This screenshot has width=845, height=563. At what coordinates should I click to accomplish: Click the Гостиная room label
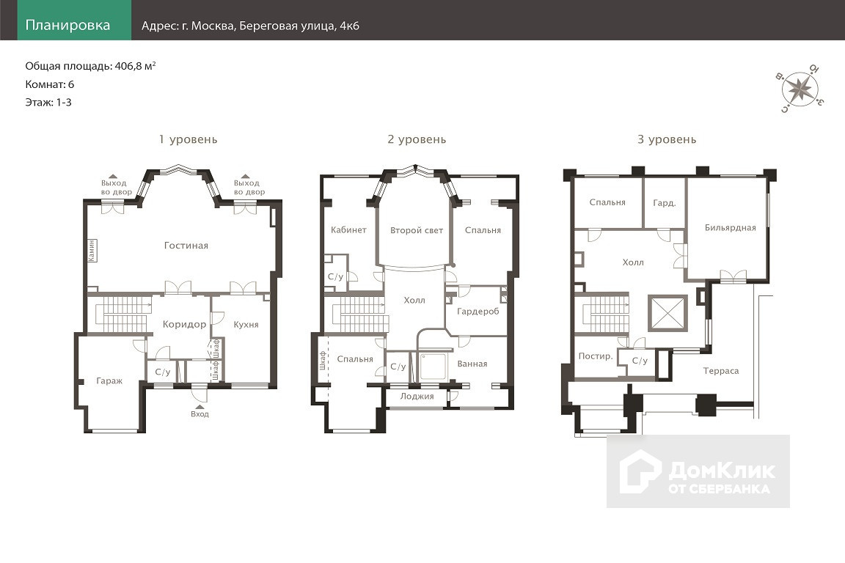coord(186,246)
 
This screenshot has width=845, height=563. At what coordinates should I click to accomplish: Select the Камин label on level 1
coord(92,251)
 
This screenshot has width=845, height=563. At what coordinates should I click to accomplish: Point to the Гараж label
coord(109,381)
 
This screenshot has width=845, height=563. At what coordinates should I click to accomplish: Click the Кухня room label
coord(246,324)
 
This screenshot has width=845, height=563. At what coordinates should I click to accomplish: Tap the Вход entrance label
coord(200,414)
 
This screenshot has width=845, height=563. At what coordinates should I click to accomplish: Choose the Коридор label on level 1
coord(184,324)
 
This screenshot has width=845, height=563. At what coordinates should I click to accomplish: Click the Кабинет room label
coord(348,230)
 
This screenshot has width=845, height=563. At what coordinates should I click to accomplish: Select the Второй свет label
coord(417,231)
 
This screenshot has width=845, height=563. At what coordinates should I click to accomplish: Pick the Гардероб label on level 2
coord(478,312)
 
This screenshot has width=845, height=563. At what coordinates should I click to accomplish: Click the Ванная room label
coord(472,364)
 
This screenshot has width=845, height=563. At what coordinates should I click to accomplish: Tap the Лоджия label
coord(417,397)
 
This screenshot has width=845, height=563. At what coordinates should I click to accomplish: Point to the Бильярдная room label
coord(731,228)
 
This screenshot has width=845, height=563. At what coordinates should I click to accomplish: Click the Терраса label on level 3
coord(721,371)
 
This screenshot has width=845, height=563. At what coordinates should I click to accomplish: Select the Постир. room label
coord(596,356)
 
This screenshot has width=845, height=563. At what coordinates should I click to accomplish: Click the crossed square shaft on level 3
coord(667,312)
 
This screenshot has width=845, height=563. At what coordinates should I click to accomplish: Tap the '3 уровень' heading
coord(667,139)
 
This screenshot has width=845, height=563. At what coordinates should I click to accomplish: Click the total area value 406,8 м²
coord(135,66)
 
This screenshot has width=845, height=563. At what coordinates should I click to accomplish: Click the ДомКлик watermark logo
coord(698,471)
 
